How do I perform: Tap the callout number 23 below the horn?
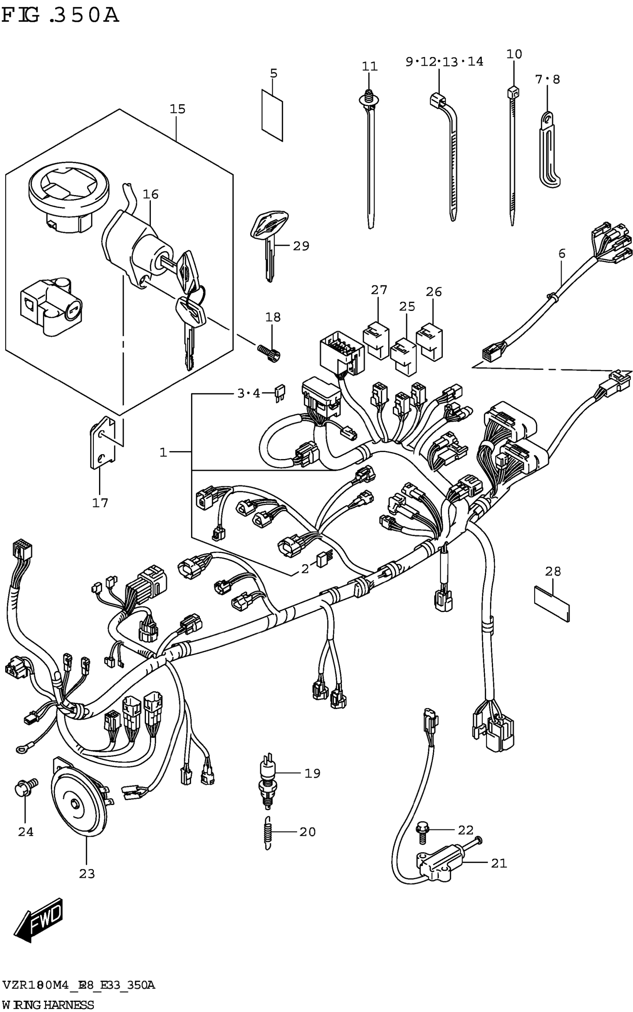[87, 874]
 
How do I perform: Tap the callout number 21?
[499, 863]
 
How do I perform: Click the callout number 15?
[177, 109]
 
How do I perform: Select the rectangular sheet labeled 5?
[272, 114]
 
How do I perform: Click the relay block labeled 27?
[376, 340]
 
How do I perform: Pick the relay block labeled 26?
[430, 341]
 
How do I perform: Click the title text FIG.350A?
[60, 16]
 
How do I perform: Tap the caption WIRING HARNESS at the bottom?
[48, 1004]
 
